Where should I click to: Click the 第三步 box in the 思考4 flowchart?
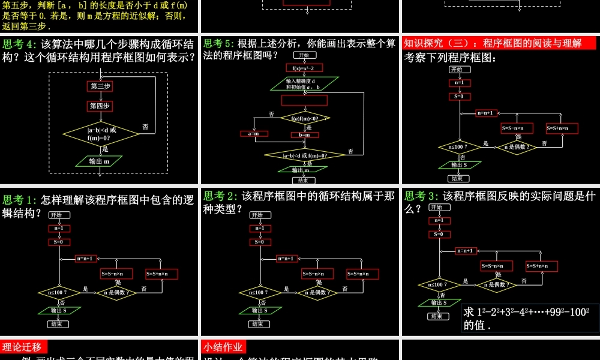(101, 86)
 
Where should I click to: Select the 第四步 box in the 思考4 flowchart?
(101, 106)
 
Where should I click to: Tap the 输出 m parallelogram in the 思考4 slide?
(99, 161)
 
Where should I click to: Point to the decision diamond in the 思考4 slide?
(101, 134)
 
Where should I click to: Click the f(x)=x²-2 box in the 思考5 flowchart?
(304, 68)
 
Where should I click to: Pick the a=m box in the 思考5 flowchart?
(253, 134)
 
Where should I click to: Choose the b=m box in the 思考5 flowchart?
(304, 135)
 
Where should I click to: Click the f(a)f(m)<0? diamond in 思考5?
(305, 118)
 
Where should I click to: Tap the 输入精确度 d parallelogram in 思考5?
(304, 84)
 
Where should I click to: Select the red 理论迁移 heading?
(24, 347)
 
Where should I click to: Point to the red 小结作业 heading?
(224, 347)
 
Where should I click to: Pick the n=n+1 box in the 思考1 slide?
(86, 259)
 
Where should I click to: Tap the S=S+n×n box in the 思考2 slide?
(362, 274)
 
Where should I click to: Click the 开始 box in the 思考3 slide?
(440, 208)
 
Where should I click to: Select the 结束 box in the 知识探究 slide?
(457, 178)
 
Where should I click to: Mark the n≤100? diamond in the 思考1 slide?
(59, 293)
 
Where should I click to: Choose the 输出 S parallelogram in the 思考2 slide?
(260, 310)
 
